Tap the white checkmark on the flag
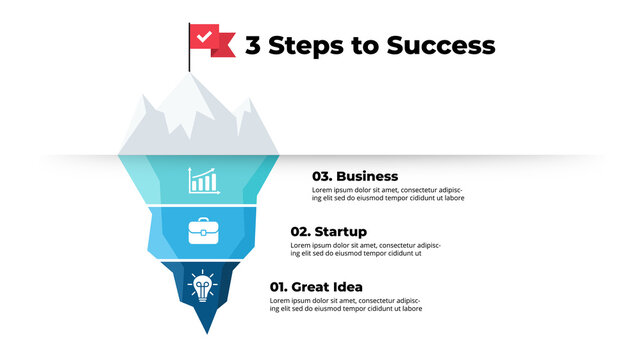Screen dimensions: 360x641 pos(205,37)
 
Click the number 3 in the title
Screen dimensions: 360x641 pos(253,45)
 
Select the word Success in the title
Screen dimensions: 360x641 pos(444,45)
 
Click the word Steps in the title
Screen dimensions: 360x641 pos(306,45)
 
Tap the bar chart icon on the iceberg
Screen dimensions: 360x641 pos(203,180)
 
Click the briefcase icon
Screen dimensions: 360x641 pos(203,232)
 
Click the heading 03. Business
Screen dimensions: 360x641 pos(355,176)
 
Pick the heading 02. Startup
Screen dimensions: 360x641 pos(329,231)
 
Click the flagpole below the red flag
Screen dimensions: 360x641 pos(190,65)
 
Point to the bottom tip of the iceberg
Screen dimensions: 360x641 pos(207,331)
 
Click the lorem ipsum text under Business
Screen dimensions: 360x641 pos(387,194)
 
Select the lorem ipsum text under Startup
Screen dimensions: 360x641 pos(366,249)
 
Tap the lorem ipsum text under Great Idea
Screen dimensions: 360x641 pos(345,305)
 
